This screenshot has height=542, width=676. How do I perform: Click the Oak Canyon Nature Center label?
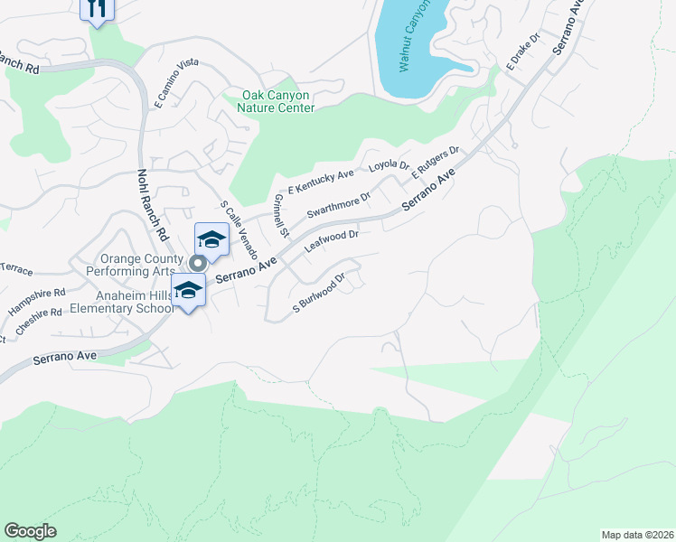point(277,101)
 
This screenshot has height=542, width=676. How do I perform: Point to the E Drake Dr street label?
point(521,53)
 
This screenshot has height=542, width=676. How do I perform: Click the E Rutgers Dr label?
point(437,164)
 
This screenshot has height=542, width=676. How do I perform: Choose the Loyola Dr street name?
point(389,167)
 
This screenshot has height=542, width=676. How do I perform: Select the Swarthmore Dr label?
point(339,206)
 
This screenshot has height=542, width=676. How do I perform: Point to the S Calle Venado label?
point(239,229)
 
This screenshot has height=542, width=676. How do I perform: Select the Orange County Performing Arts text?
point(137,265)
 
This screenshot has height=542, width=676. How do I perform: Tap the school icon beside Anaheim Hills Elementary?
point(188,291)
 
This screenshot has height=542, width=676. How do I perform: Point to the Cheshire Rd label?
point(37,322)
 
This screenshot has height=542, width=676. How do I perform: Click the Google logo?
point(30,531)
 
